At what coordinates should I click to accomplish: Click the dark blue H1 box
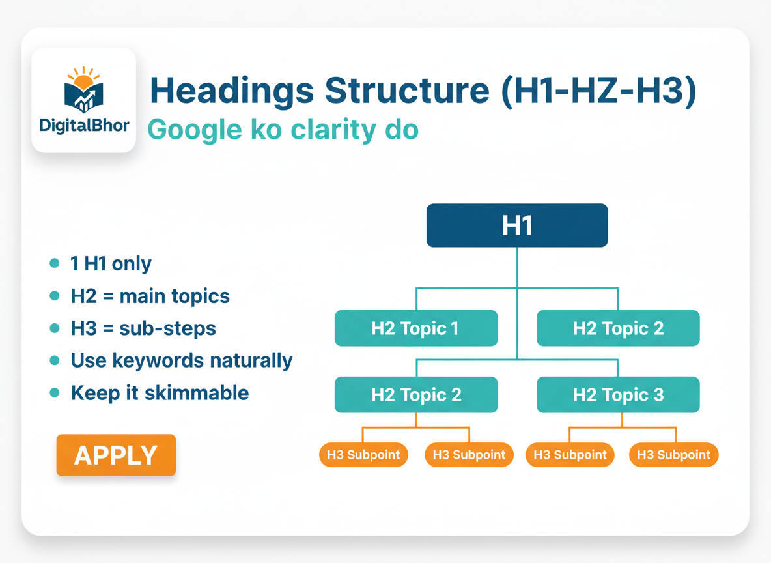pyautogui.click(x=517, y=225)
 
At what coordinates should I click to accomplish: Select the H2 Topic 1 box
pyautogui.click(x=416, y=328)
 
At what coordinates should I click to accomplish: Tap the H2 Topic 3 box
pyautogui.click(x=618, y=395)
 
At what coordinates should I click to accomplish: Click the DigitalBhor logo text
pyautogui.click(x=84, y=126)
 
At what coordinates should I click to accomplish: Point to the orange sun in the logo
pyautogui.click(x=83, y=79)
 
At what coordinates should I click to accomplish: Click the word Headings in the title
pyautogui.click(x=232, y=92)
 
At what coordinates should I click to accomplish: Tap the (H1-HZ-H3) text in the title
pyautogui.click(x=598, y=91)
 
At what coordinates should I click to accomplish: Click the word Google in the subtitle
pyautogui.click(x=195, y=130)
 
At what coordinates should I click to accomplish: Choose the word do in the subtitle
pyautogui.click(x=402, y=130)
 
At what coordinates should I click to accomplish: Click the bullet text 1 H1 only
pyautogui.click(x=111, y=264)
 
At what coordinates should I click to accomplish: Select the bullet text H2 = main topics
pyautogui.click(x=150, y=296)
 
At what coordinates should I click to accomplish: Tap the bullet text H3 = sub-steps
pyautogui.click(x=143, y=328)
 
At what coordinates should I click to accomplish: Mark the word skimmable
pyautogui.click(x=197, y=393)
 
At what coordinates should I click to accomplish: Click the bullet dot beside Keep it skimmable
pyautogui.click(x=55, y=393)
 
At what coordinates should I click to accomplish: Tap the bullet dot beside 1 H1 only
pyautogui.click(x=55, y=263)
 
